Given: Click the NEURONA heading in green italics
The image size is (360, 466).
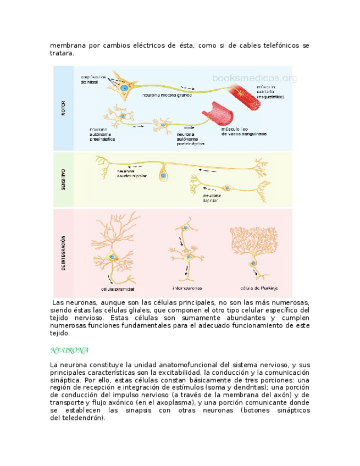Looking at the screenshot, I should click(x=69, y=350).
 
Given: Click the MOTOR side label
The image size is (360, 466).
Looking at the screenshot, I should click(x=63, y=108).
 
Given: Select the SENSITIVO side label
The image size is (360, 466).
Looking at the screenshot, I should click(x=63, y=179).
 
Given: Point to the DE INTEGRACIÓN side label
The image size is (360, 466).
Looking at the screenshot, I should click(x=64, y=253).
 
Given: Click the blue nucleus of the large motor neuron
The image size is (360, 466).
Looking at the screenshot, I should click(x=125, y=88).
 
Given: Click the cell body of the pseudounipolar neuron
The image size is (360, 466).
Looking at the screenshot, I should click(x=163, y=176).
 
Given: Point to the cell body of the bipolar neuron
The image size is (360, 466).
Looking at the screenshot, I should click(x=229, y=186).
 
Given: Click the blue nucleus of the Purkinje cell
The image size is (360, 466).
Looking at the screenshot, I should click(x=254, y=263).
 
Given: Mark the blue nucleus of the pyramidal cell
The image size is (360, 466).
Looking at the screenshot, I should click(x=112, y=257).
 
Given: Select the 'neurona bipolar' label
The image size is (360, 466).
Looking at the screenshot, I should click(x=212, y=198).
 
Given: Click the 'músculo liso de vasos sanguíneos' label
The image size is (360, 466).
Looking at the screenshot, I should click(x=245, y=131).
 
